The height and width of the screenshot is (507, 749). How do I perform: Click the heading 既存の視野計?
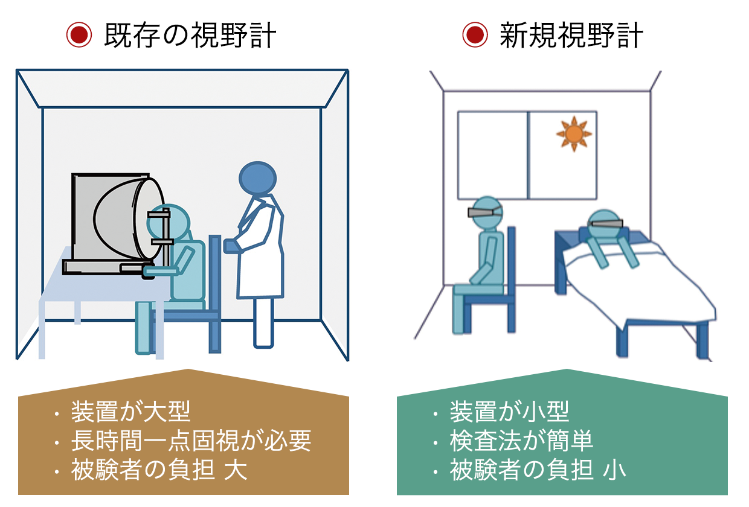[x=190, y=36]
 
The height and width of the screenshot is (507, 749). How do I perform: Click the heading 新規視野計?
[x=571, y=36]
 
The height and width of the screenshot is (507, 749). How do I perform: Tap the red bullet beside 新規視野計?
[x=475, y=36]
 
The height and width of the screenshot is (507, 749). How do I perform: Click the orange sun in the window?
[x=573, y=133]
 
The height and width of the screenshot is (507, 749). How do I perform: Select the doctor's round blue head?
[x=257, y=177]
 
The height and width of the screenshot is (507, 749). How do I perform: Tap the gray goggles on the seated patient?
[x=485, y=212]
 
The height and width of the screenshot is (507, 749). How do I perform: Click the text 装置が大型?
[x=130, y=412]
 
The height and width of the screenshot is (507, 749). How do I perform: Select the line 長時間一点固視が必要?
[x=191, y=441]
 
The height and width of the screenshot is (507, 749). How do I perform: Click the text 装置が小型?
[x=509, y=412]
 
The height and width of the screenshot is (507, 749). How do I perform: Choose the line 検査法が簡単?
[x=521, y=441]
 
